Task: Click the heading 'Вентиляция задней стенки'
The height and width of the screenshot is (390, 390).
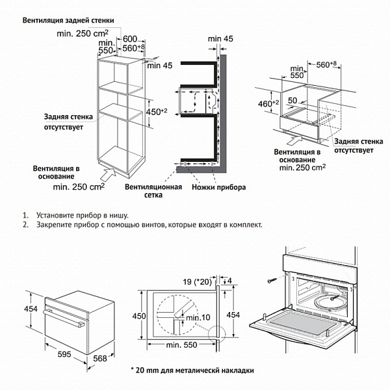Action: [68, 20]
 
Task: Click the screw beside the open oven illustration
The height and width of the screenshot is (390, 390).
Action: [270, 281]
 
